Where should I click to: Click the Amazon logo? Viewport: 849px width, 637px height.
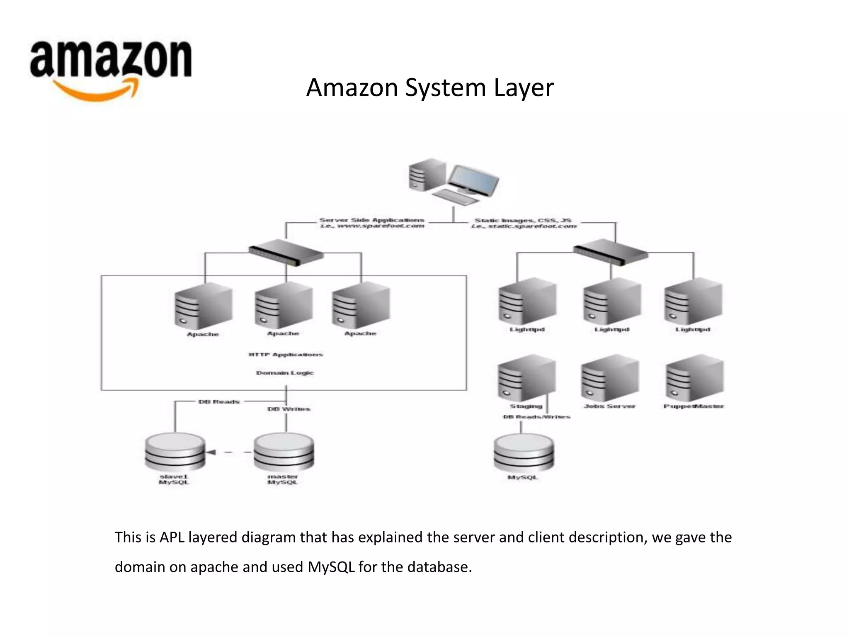click(111, 68)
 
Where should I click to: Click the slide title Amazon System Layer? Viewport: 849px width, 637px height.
click(429, 88)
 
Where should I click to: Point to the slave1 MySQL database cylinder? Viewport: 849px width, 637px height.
click(175, 453)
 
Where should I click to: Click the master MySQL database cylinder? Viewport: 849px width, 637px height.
click(284, 453)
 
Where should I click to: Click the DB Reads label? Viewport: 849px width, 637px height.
click(219, 401)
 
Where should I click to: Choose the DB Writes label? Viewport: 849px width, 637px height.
click(289, 409)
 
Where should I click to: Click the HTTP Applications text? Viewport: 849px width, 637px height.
click(285, 355)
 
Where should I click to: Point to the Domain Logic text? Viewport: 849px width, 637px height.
click(285, 373)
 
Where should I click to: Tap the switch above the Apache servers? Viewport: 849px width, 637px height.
click(286, 253)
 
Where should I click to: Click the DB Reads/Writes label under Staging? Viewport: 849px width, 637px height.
click(536, 417)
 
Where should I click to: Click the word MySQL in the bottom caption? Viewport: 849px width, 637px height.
click(331, 567)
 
